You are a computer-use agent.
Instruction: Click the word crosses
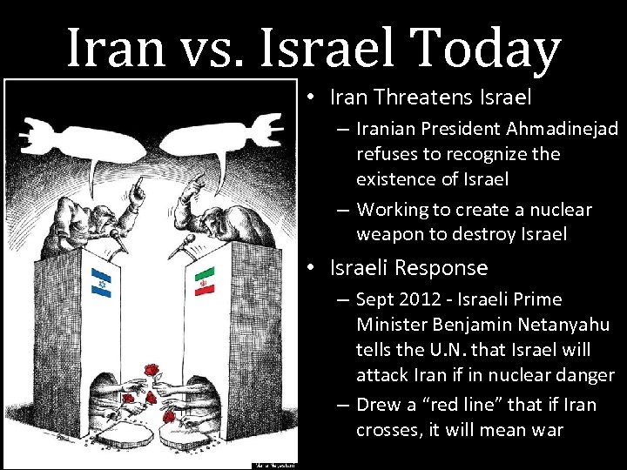click(x=386, y=430)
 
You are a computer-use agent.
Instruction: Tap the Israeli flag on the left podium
click(x=101, y=281)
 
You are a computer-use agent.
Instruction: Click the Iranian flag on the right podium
click(x=205, y=279)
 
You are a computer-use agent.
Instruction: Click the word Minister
click(x=397, y=325)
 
